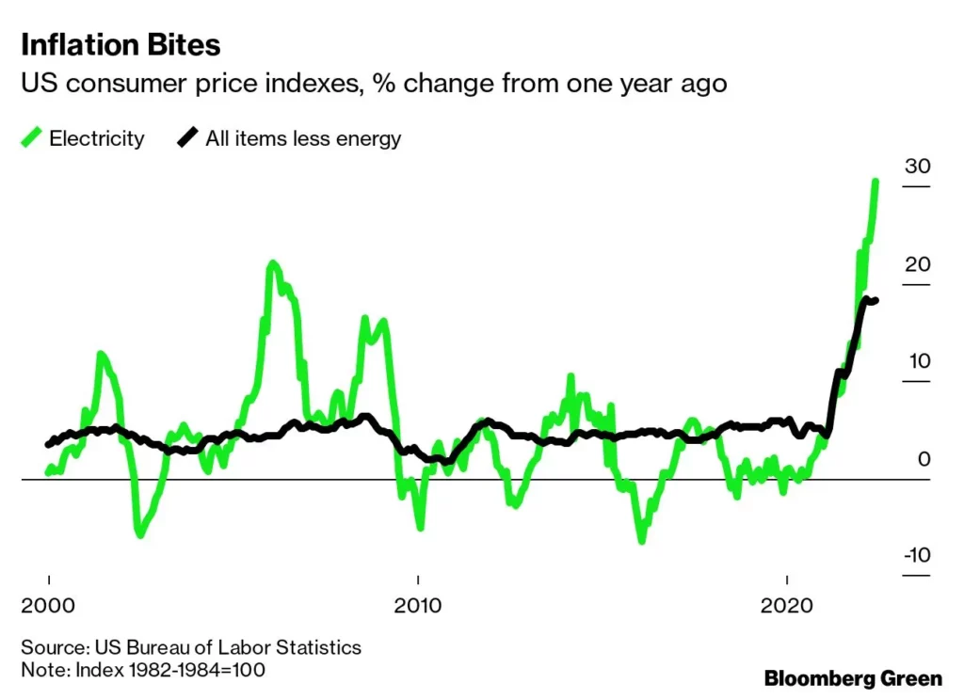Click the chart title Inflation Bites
click(120, 44)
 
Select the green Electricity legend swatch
click(31, 138)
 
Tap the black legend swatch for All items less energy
click(187, 138)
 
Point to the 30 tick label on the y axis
click(917, 167)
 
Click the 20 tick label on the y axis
click(917, 264)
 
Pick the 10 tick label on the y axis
click(917, 361)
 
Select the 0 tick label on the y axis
click(924, 459)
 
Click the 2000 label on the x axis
click(48, 606)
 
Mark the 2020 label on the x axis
click(786, 606)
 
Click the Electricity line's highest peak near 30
click(876, 182)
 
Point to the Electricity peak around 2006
click(272, 264)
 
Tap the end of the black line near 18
click(876, 300)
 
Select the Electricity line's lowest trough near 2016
click(642, 540)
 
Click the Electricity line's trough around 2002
click(139, 533)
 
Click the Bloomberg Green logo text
click(852, 677)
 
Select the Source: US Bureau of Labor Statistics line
click(190, 647)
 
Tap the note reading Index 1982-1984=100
click(143, 670)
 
